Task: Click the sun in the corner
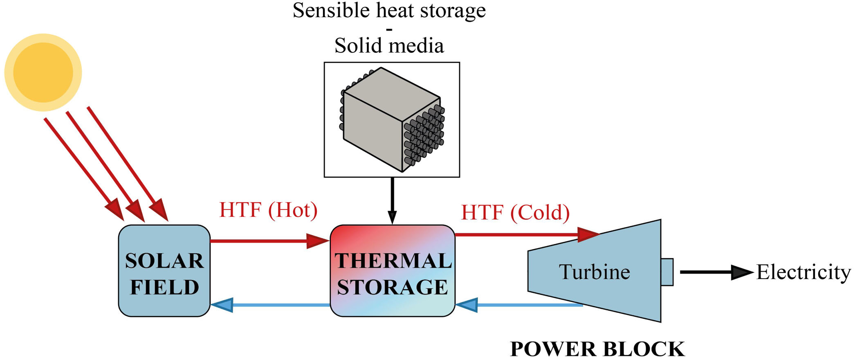43,72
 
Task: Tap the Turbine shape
594,271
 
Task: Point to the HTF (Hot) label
268,210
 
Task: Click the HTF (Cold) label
515,212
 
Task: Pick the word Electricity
803,272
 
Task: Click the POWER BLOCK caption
597,349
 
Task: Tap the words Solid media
389,45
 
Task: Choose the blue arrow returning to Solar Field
270,305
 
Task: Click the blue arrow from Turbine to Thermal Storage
519,305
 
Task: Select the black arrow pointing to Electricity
716,272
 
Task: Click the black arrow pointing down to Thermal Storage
392,200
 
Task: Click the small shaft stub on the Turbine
666,272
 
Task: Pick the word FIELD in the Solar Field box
164,287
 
